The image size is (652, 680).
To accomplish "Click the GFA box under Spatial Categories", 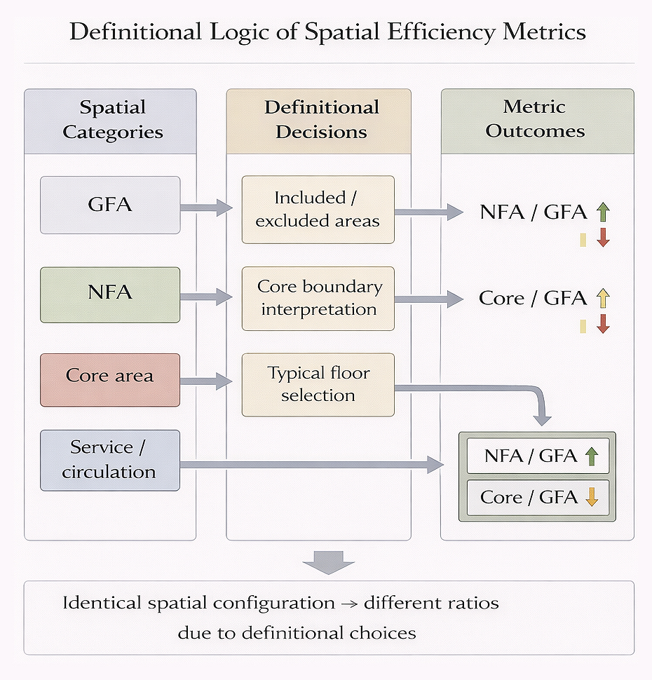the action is point(110,205).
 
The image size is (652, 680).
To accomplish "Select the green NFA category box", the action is point(110,295).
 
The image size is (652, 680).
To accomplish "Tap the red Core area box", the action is point(110,380).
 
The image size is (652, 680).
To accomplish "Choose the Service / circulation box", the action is point(110,460).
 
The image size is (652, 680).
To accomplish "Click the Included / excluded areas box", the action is point(318,210).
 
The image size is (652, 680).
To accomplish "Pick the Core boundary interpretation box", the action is point(318,299).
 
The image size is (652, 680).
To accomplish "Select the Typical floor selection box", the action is point(318,385).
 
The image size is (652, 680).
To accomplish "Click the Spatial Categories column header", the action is point(110,121).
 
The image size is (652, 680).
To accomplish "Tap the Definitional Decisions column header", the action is point(319,121).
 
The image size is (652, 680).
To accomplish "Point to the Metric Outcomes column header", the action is point(538,121).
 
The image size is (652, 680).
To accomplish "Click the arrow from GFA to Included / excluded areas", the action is point(207,208).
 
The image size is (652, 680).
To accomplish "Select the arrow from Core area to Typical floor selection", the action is point(207,381).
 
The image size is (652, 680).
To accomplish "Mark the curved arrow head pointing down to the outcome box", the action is point(542,420).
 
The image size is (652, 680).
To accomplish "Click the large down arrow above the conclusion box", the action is point(329,562).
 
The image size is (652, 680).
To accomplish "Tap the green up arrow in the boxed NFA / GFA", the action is point(592,456).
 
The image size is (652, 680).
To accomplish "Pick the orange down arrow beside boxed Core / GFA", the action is point(592,497).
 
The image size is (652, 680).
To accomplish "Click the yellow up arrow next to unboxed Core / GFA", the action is point(603,299).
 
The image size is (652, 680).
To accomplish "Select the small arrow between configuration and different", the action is point(349,604).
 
